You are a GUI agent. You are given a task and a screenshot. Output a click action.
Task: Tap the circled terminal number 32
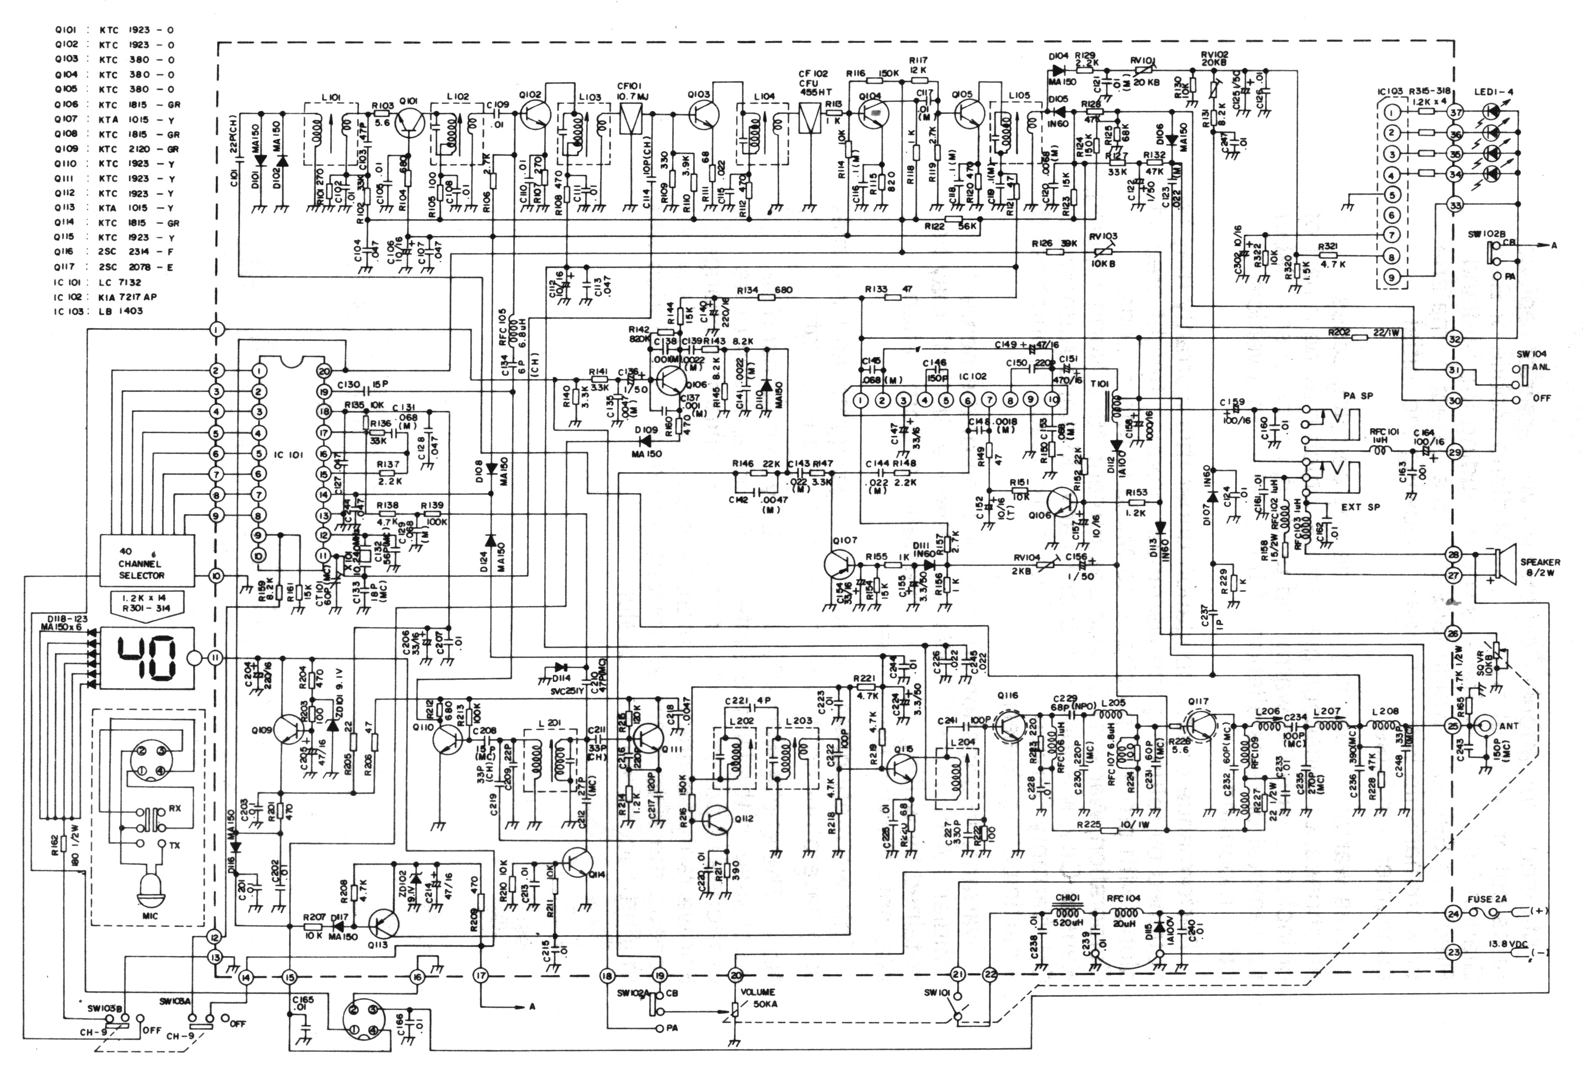[x=1454, y=339]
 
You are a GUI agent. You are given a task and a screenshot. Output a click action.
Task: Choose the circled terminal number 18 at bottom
[x=607, y=976]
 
